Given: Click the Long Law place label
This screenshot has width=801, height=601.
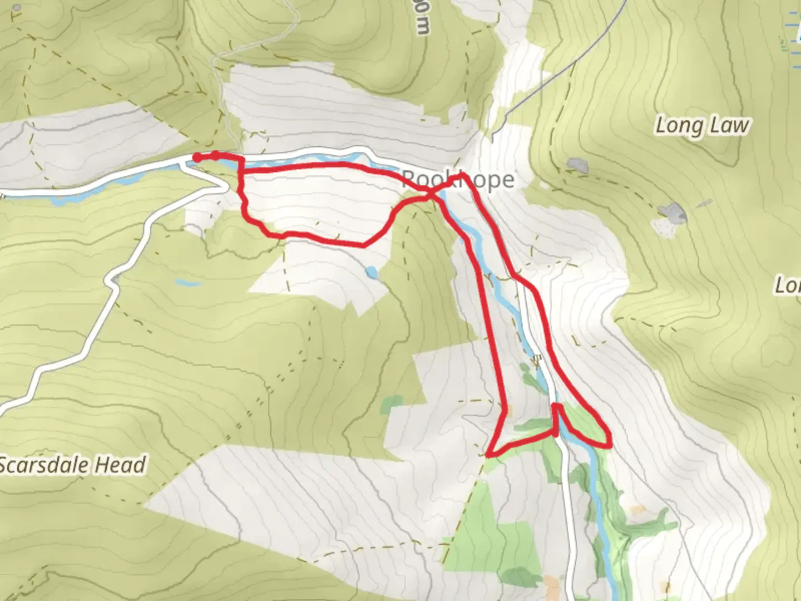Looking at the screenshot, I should (x=702, y=126).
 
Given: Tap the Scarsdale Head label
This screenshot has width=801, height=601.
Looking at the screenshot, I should (x=72, y=465).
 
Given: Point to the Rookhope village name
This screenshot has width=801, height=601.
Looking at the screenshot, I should (x=457, y=180).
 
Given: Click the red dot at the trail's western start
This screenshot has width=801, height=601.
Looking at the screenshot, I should (x=197, y=158).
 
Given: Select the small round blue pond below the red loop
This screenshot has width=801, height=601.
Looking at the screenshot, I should (x=372, y=273).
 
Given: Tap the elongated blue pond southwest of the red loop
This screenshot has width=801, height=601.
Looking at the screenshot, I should (x=187, y=283).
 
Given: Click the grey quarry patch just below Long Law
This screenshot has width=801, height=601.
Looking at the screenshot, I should (x=577, y=165).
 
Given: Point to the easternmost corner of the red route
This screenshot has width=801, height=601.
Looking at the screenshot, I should (x=610, y=444).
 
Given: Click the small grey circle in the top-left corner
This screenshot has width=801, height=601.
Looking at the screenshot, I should (x=16, y=8).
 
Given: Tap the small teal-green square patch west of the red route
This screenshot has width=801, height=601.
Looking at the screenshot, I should (x=393, y=403).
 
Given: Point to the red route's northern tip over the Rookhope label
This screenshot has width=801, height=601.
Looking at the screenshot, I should (x=462, y=176).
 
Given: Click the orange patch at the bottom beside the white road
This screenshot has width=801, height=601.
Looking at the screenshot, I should (x=552, y=584).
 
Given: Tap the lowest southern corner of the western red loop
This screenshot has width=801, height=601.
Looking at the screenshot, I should (x=363, y=244).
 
